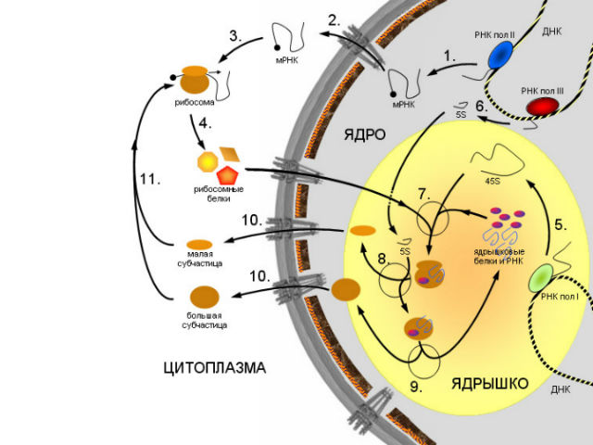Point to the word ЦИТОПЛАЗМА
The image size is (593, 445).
pyautogui.click(x=214, y=368)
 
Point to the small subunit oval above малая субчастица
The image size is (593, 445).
pyautogui.click(x=202, y=244)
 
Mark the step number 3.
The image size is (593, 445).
pyautogui.click(x=236, y=37)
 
